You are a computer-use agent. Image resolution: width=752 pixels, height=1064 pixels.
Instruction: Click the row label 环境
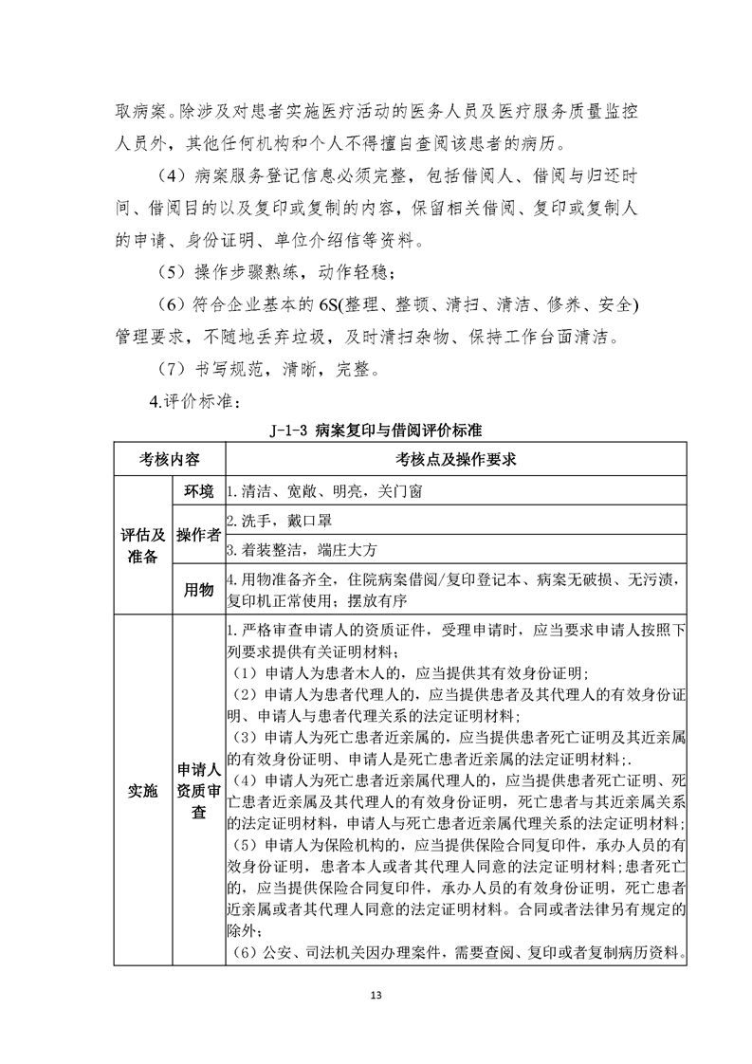(x=197, y=491)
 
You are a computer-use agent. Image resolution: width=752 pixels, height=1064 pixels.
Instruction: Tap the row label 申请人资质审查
(x=197, y=789)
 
